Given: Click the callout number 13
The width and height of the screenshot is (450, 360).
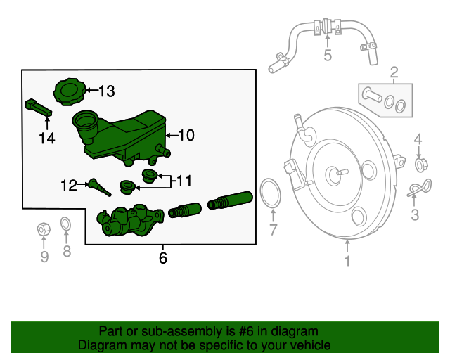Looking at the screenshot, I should (106, 91).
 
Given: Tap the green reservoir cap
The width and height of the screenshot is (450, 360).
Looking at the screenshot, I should (69, 93).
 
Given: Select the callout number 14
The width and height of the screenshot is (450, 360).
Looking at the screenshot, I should (46, 139).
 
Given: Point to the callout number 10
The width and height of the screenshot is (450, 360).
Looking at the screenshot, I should (186, 135).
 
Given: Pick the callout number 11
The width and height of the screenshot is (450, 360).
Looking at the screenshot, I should (183, 181).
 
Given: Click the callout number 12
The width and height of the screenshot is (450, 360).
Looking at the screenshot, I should (68, 186).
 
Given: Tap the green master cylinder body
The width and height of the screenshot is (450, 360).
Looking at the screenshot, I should (130, 221).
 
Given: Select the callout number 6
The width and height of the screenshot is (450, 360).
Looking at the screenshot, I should (163, 258).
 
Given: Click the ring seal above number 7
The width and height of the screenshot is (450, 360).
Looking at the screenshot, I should (269, 194).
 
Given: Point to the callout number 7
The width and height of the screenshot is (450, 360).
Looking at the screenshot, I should (274, 229).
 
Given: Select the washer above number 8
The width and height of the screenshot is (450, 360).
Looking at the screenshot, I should (65, 224).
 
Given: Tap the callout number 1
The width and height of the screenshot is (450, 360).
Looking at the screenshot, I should (347, 262).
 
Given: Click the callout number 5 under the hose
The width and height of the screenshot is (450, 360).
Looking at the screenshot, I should (328, 55).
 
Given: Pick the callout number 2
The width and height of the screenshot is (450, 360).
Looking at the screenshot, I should (394, 71).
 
